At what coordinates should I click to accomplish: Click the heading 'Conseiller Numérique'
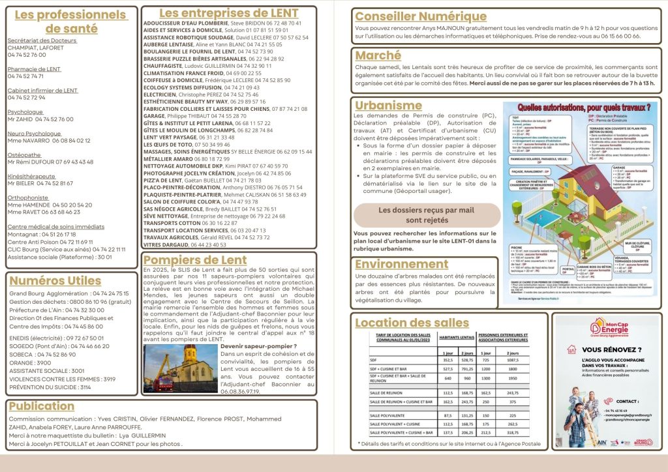click(x=420, y=16)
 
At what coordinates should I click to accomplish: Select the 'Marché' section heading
click(x=378, y=56)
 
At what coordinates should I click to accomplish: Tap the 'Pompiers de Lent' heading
click(x=194, y=260)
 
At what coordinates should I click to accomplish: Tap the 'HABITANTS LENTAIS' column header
click(x=456, y=338)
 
